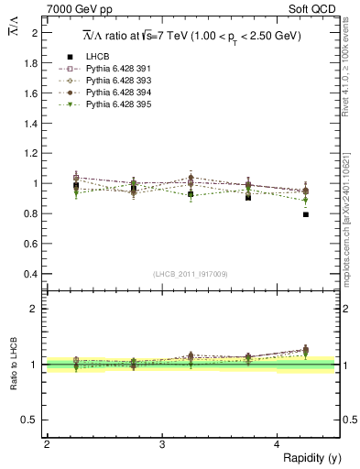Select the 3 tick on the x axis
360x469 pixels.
point(162,444)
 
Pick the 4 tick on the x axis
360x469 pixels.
point(278,444)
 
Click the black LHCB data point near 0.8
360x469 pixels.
point(306,214)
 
